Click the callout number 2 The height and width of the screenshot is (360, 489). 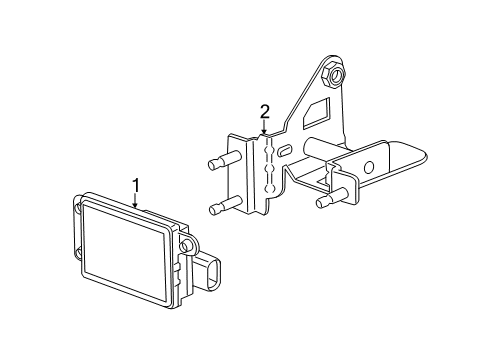coord(265,110)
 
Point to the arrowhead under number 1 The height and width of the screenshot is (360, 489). coord(134,205)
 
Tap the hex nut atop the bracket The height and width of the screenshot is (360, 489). coord(334,72)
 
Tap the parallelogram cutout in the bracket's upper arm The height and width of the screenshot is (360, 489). coord(319,107)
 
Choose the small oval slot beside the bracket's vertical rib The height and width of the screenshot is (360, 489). coord(286,150)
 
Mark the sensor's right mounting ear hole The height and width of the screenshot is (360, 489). coord(185,246)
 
